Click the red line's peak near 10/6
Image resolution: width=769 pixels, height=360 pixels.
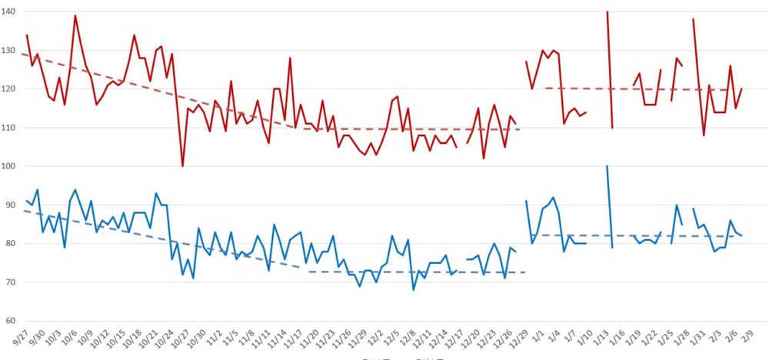click(x=75, y=15)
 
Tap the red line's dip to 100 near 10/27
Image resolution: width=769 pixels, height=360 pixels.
click(x=182, y=166)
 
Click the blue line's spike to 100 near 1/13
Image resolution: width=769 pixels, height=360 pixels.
click(x=607, y=166)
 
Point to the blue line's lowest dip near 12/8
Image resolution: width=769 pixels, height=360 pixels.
click(x=413, y=290)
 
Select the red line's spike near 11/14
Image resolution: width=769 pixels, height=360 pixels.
click(x=290, y=58)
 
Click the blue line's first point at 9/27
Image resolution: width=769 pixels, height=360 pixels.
click(x=26, y=201)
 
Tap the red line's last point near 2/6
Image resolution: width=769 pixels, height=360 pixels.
click(x=741, y=89)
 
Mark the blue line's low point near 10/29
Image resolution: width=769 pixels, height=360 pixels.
click(x=193, y=278)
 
